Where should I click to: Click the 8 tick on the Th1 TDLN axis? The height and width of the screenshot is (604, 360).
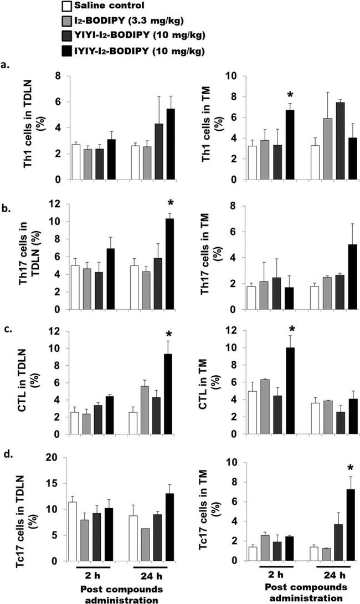[57, 75]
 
